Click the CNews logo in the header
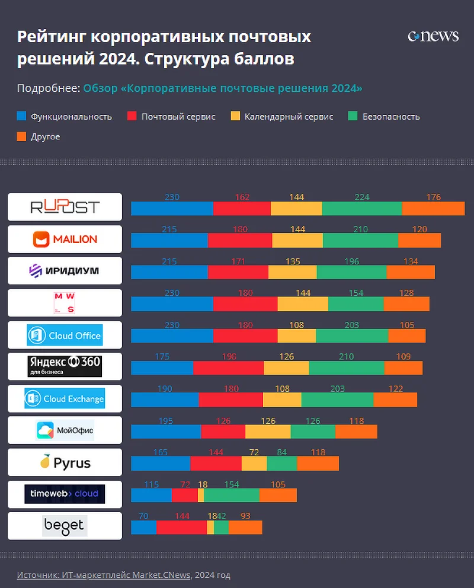click(433, 37)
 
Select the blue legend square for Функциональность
click(21, 117)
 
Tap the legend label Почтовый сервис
click(178, 117)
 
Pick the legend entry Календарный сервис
click(289, 117)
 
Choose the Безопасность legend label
click(390, 117)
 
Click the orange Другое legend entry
click(45, 136)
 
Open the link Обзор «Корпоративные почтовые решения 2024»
click(223, 88)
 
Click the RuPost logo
click(65, 207)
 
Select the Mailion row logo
click(65, 239)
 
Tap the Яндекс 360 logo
click(65, 366)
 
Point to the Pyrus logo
click(65, 462)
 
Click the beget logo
click(65, 526)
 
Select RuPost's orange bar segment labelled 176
click(433, 209)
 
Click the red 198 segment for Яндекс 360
click(228, 368)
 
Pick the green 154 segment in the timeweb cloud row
click(232, 496)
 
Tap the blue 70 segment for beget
click(143, 528)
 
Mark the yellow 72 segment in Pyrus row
click(254, 464)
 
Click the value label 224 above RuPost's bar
click(361, 197)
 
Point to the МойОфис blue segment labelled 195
click(166, 432)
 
